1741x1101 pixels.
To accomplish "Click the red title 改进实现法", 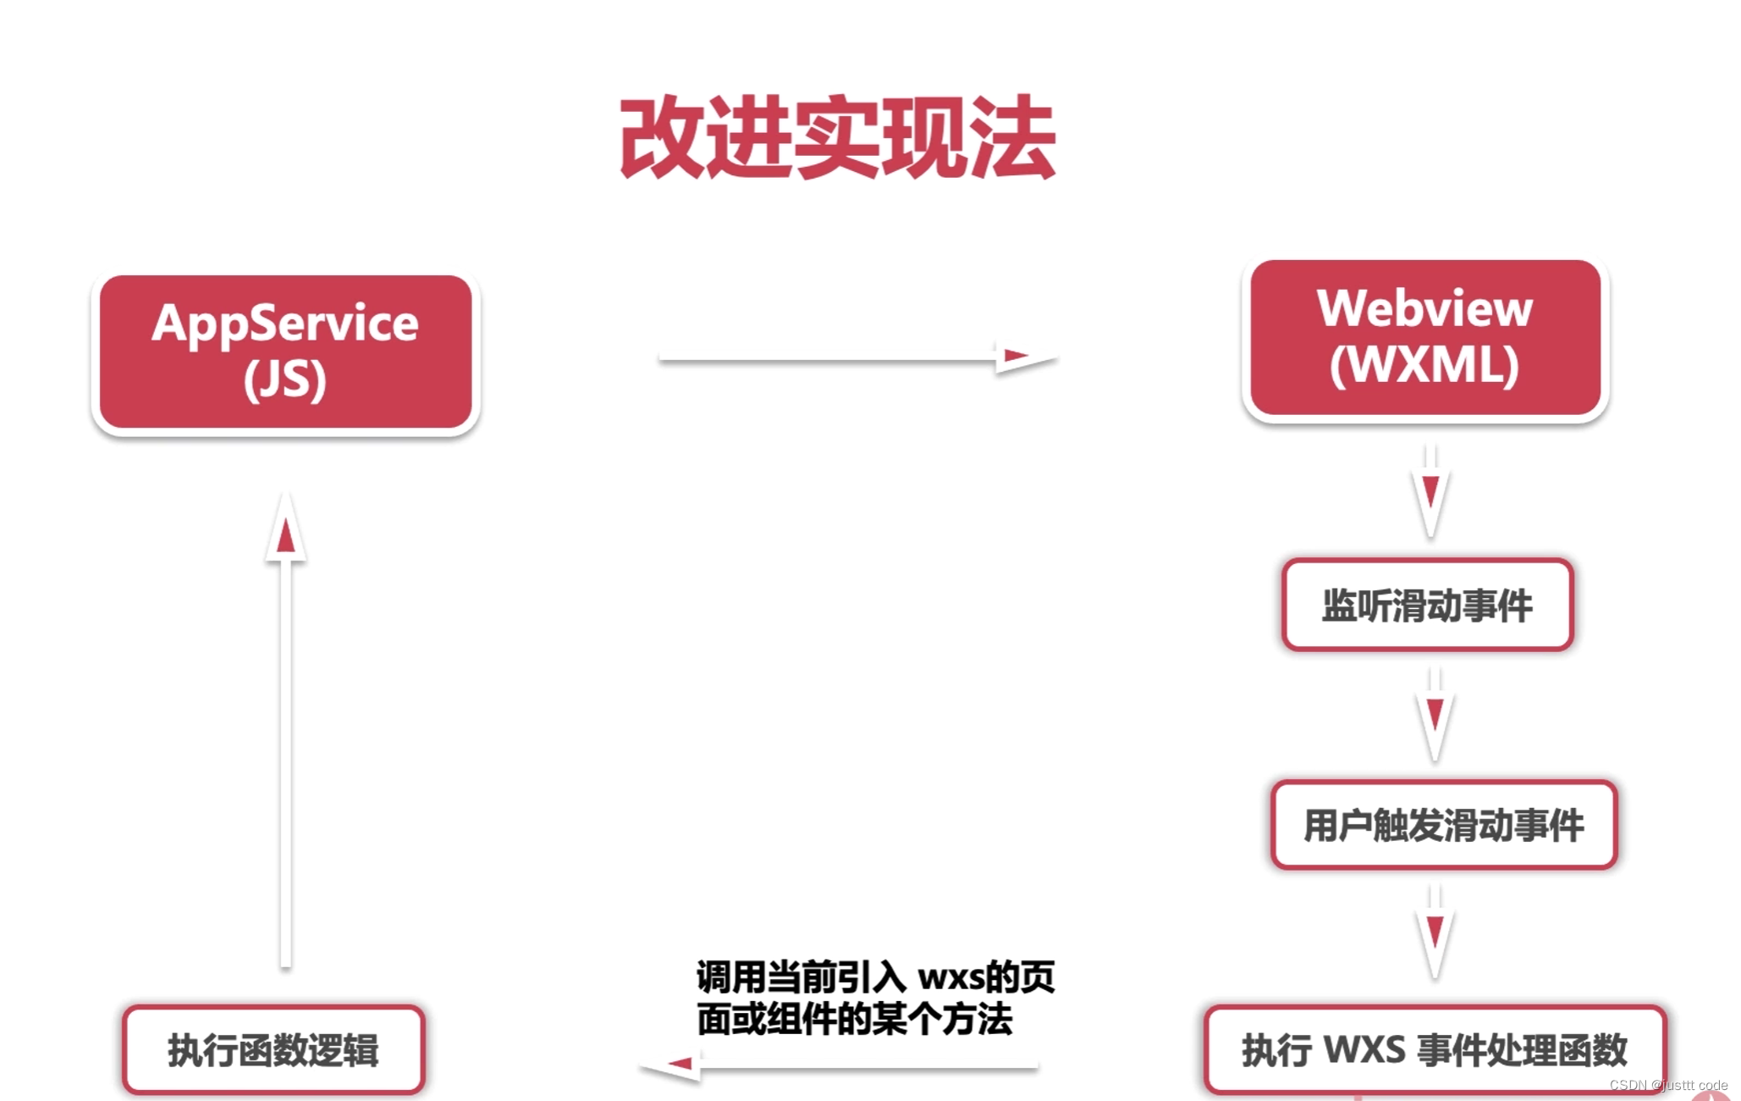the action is [x=837, y=137].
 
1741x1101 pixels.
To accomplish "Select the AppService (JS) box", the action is [x=285, y=351].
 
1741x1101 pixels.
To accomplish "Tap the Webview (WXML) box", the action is [x=1425, y=338].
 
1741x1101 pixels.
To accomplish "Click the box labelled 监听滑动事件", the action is [x=1427, y=606].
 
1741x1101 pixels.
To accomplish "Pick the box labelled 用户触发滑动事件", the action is [x=1444, y=825].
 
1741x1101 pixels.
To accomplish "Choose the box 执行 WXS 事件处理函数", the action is [x=1435, y=1049].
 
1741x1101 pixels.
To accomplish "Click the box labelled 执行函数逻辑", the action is [x=273, y=1049].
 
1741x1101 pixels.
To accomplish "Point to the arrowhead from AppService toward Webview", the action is [x=1020, y=357].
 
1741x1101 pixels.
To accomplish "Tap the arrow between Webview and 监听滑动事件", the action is [x=1430, y=491].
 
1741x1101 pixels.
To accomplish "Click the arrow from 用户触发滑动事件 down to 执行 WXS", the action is [x=1435, y=932].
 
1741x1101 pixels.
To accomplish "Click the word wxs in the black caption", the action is [x=950, y=977].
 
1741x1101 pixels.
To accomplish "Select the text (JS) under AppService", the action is [x=285, y=379].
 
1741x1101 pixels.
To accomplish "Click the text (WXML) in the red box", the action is [x=1425, y=365].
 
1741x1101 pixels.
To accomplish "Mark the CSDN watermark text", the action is [x=1667, y=1085].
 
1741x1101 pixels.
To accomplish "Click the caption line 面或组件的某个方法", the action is [x=855, y=1019].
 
